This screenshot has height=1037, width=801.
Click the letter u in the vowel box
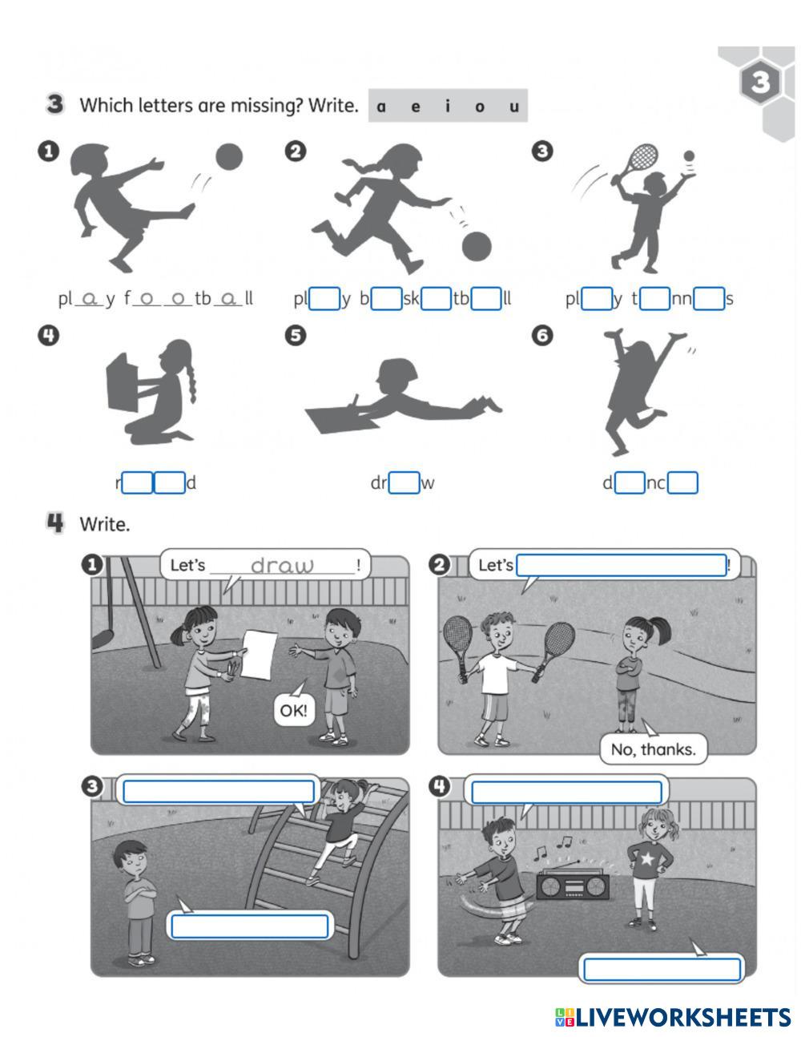pyautogui.click(x=513, y=107)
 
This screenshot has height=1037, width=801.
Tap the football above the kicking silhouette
pyautogui.click(x=229, y=157)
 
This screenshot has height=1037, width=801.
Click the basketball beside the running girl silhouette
pyautogui.click(x=477, y=246)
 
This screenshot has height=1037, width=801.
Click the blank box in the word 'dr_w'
pyautogui.click(x=405, y=482)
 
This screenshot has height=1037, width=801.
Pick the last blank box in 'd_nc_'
pyautogui.click(x=682, y=482)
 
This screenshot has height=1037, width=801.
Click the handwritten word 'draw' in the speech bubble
pyautogui.click(x=282, y=566)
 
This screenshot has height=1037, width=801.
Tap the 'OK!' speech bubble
pyautogui.click(x=294, y=711)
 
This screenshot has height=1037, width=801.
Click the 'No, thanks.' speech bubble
pyautogui.click(x=653, y=750)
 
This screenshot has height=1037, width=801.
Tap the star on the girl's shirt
pyautogui.click(x=647, y=858)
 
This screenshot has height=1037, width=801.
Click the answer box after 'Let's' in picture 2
pyautogui.click(x=622, y=565)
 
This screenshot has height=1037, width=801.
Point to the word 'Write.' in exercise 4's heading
pyautogui.click(x=105, y=524)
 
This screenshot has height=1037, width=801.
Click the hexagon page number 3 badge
pyautogui.click(x=760, y=82)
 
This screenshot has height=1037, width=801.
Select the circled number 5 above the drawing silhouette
pyautogui.click(x=296, y=336)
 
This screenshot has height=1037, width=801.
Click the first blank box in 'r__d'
pyautogui.click(x=137, y=482)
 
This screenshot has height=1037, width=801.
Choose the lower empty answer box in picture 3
pyautogui.click(x=250, y=926)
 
